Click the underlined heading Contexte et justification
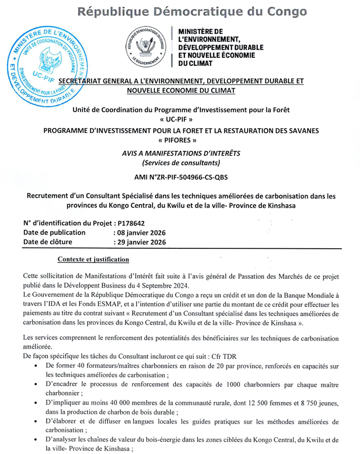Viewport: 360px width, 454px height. click(x=94, y=259)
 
